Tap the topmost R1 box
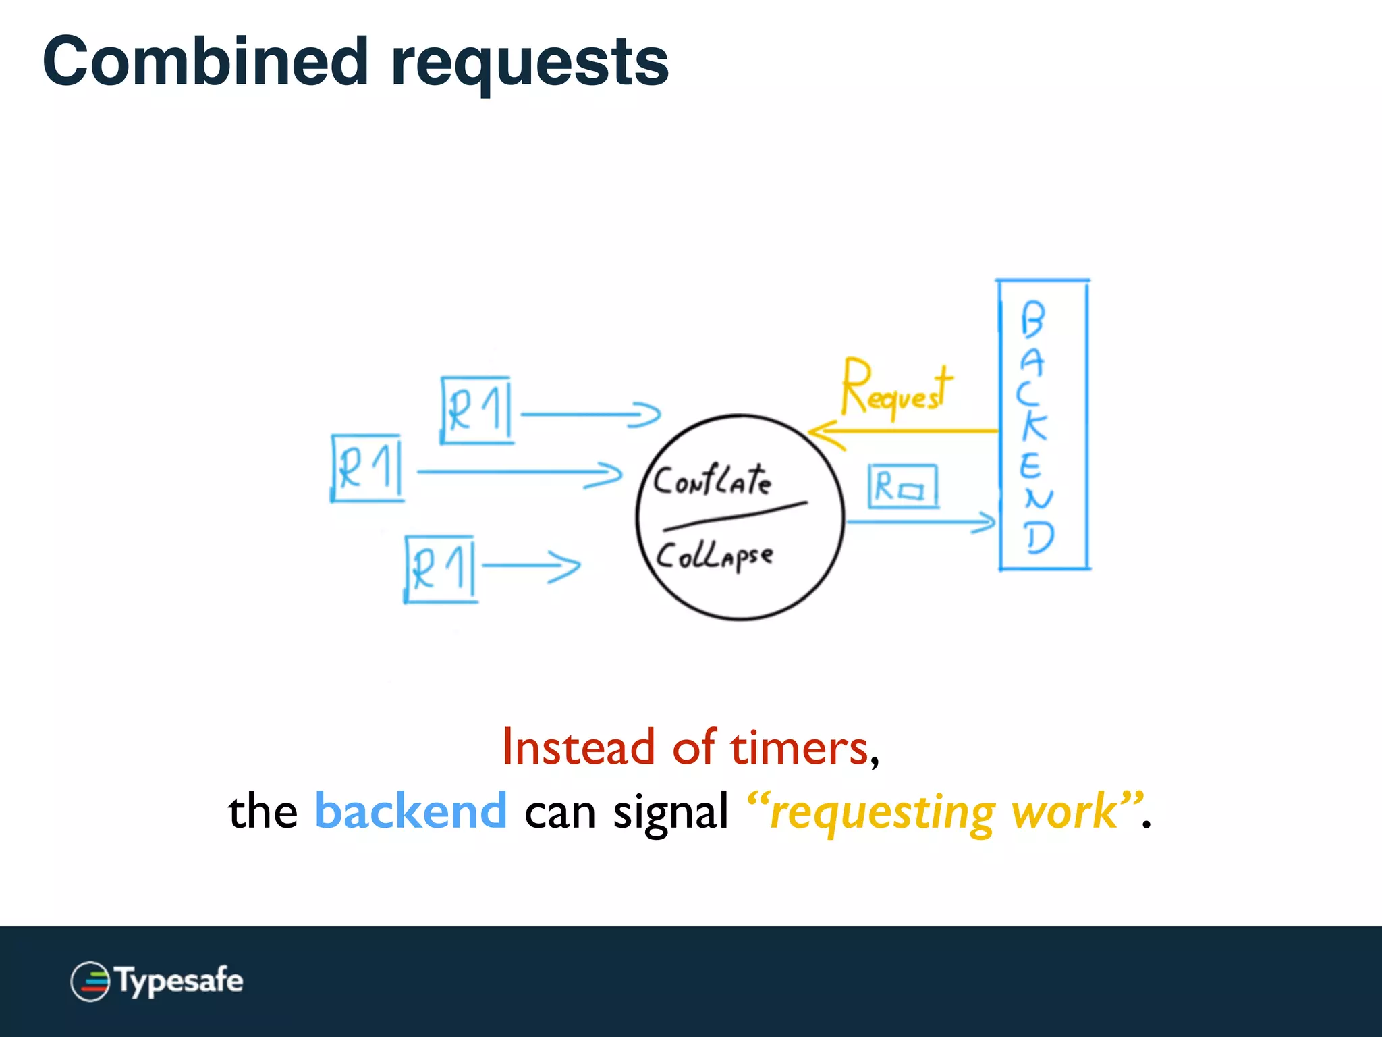pos(476,410)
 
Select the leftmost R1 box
pos(368,468)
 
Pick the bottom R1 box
pos(441,568)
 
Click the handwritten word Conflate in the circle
pos(712,481)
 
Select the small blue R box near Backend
pos(903,486)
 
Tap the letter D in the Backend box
pos(1039,538)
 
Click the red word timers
pos(800,747)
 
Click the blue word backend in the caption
pos(411,810)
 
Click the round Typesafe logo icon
pos(90,981)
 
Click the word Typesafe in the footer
pos(179,980)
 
